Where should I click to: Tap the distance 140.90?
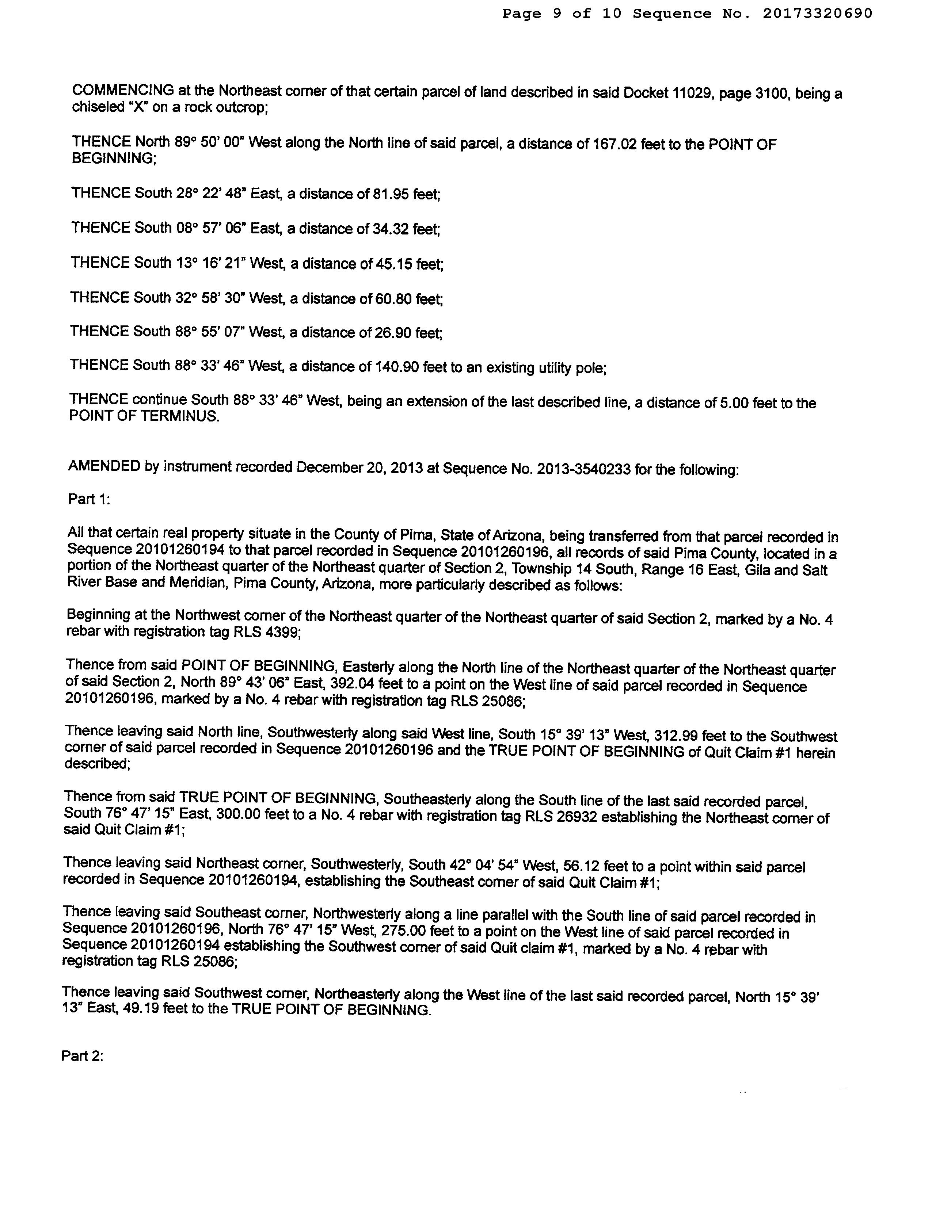pos(397,367)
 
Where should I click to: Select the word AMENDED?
pos(104,466)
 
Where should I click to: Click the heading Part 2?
pos(82,1055)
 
